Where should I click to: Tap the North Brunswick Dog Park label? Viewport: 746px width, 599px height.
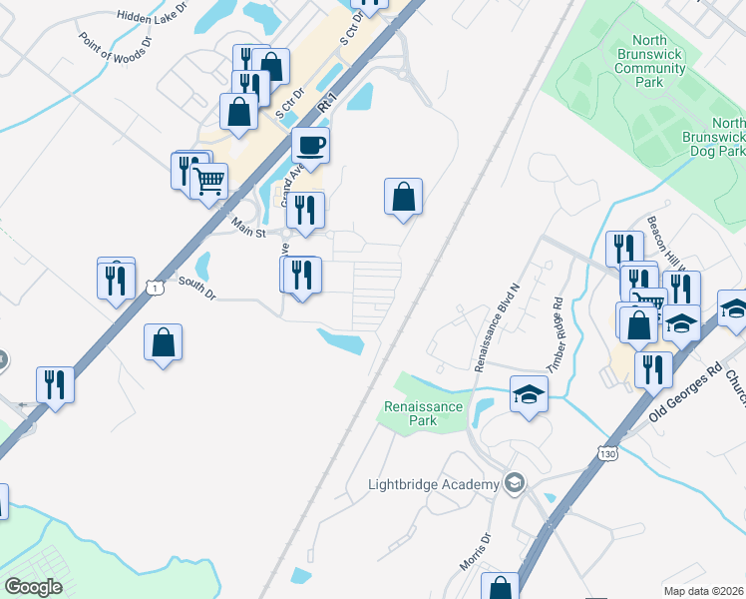(x=714, y=136)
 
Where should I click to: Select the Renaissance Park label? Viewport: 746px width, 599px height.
(x=424, y=413)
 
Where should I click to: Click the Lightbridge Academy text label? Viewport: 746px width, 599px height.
(x=433, y=485)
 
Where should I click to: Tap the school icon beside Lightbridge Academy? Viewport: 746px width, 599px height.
(x=514, y=484)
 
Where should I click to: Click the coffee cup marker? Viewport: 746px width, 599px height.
(x=310, y=147)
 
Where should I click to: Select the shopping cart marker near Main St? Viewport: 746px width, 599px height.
(x=209, y=183)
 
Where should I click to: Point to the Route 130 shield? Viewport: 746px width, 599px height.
(x=607, y=454)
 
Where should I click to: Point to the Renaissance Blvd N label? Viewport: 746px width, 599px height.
(x=497, y=326)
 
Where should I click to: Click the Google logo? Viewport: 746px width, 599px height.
(x=33, y=587)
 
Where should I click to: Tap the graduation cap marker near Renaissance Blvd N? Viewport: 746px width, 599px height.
(x=529, y=393)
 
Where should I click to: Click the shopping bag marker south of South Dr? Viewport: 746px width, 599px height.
(x=163, y=343)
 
